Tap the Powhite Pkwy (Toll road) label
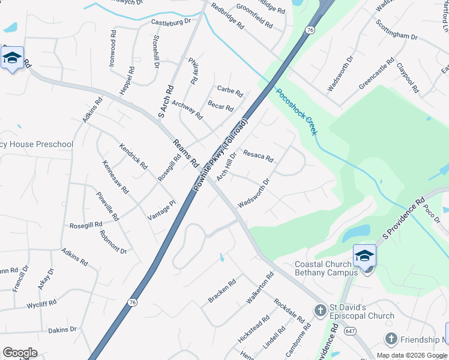pyautogui.click(x=220, y=155)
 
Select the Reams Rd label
pyautogui.click(x=185, y=153)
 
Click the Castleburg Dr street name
pyautogui.click(x=170, y=22)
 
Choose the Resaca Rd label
pyautogui.click(x=258, y=156)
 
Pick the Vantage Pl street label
pyautogui.click(x=161, y=211)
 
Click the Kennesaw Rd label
pyautogui.click(x=115, y=176)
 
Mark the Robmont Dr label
pyautogui.click(x=113, y=242)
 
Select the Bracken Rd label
pyautogui.click(x=222, y=291)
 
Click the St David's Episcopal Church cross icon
pyautogui.click(x=320, y=310)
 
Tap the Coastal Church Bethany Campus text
pyautogui.click(x=327, y=268)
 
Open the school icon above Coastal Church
pyautogui.click(x=364, y=256)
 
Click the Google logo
pyautogui.click(x=20, y=352)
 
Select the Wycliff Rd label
pyautogui.click(x=42, y=304)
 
